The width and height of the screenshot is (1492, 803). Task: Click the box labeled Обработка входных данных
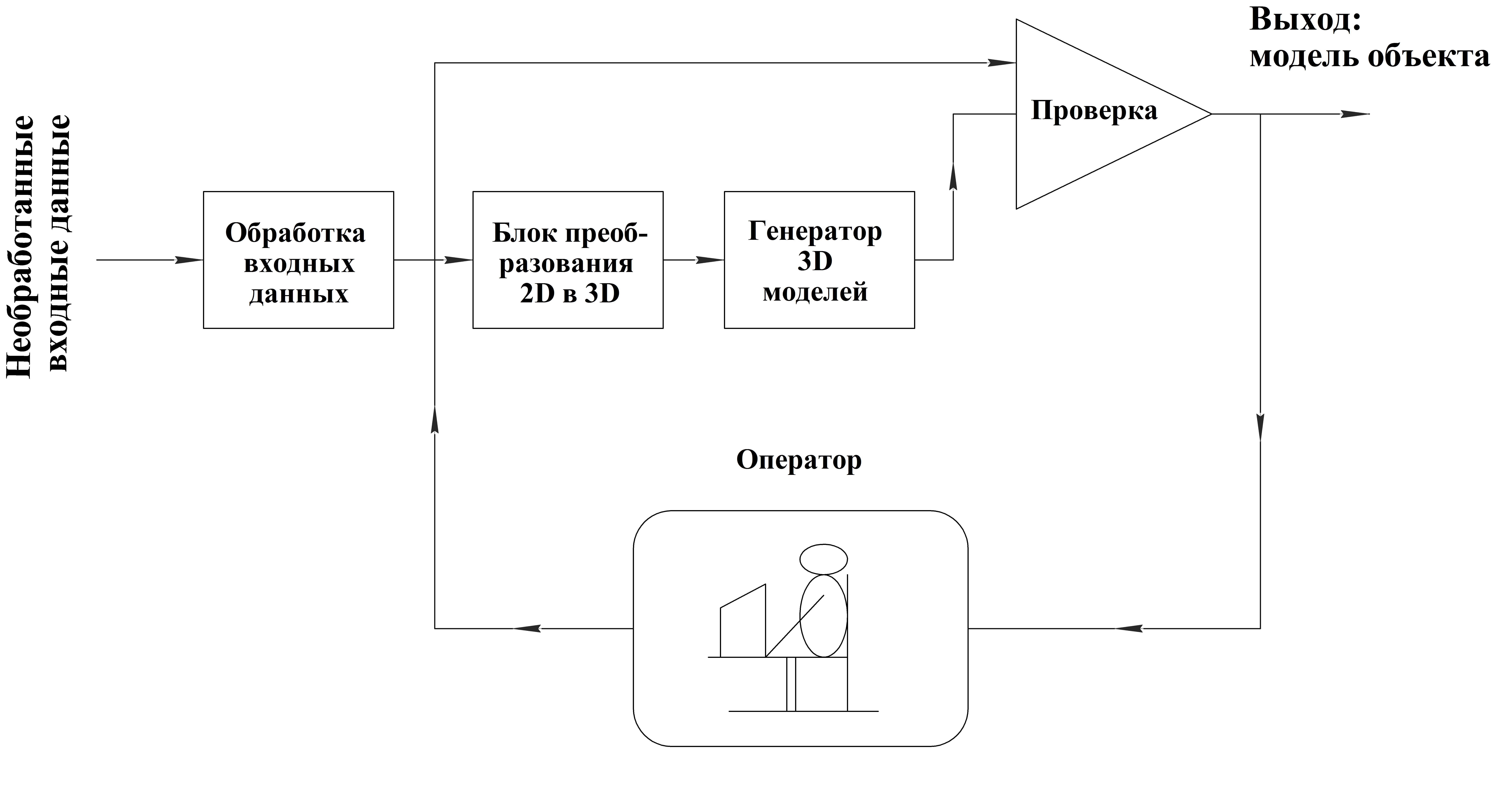(298, 260)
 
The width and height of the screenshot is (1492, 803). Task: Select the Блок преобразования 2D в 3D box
(568, 260)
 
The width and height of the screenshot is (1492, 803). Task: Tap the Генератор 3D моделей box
(819, 260)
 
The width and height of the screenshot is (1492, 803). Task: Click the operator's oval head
(824, 559)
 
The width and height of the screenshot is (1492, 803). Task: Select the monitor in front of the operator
(743, 621)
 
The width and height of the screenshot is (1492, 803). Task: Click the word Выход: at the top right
(1305, 20)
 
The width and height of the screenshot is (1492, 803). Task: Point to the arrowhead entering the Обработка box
(189, 260)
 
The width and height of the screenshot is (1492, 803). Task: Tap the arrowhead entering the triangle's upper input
(1001, 63)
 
